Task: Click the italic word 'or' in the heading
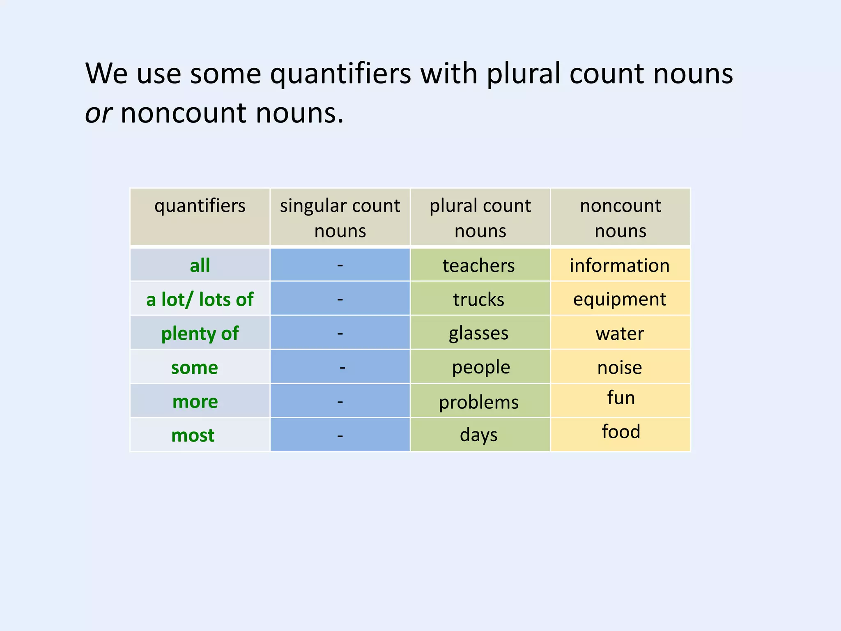98,113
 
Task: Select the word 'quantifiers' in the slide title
340,74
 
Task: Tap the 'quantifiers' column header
200,206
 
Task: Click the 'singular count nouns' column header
340,218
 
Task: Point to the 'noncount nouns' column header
620,218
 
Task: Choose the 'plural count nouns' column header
480,218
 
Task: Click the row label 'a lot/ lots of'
200,299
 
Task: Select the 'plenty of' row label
200,333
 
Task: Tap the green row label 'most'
193,435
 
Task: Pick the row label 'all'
200,265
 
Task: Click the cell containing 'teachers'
479,265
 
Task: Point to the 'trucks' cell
479,299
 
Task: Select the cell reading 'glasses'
479,333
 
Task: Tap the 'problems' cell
479,402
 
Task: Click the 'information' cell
620,265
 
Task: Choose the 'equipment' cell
620,299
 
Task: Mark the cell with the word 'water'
620,333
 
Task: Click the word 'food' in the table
621,432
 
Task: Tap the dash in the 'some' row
342,367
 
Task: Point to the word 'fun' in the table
621,398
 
